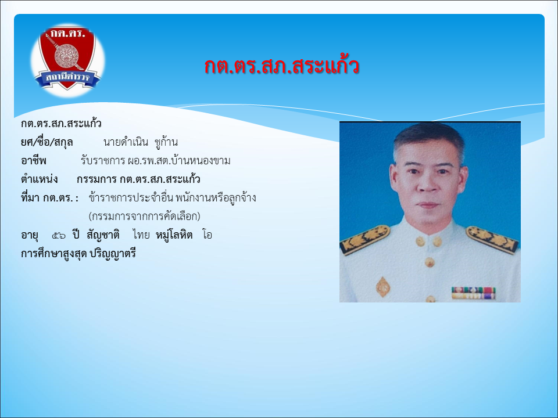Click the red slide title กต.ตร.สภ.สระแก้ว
[281, 66]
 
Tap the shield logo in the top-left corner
[67, 59]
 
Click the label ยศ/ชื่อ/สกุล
[46, 142]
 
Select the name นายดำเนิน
[126, 142]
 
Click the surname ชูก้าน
[166, 142]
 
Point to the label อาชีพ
[34, 161]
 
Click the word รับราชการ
[102, 161]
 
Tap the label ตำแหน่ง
[39, 179]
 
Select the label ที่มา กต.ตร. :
[49, 197]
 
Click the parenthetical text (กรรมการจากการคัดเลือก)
[145, 216]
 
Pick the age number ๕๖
[59, 235]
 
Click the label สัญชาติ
[103, 235]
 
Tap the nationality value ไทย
[141, 235]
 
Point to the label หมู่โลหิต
[174, 235]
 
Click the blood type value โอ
[207, 235]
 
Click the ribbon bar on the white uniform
[473, 293]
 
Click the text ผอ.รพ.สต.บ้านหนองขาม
[179, 161]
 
